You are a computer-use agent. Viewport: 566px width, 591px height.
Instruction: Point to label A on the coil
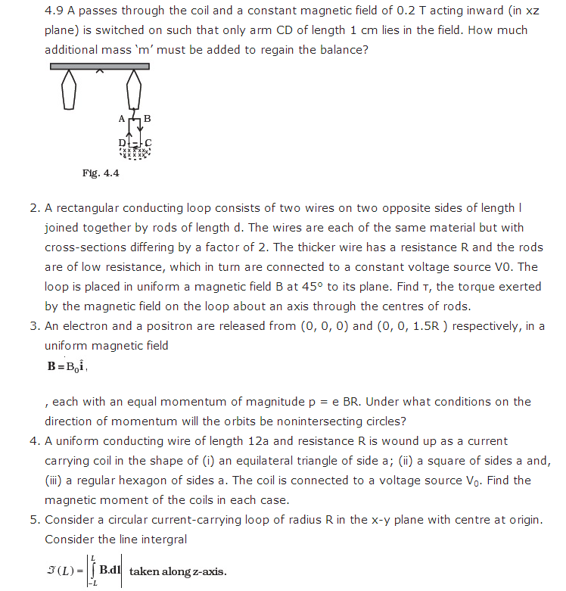(121, 119)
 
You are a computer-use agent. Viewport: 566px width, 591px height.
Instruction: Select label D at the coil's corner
(121, 143)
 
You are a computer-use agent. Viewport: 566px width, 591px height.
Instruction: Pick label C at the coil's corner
(148, 143)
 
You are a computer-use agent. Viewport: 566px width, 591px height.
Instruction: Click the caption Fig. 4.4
(101, 173)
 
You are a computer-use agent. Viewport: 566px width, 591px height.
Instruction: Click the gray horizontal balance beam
(99, 67)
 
